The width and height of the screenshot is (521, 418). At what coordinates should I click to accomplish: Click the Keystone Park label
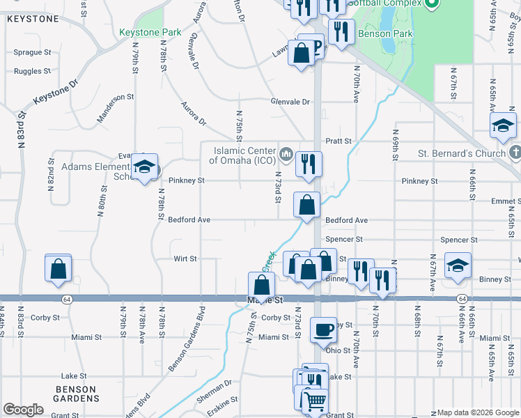click(x=150, y=32)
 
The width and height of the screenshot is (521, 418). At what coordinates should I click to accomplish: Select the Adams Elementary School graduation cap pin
click(x=144, y=167)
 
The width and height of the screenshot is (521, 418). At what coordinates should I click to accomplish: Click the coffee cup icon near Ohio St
click(x=322, y=330)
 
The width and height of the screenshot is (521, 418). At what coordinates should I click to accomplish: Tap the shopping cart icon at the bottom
click(x=314, y=401)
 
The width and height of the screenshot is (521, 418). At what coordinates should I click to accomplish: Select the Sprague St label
click(x=33, y=52)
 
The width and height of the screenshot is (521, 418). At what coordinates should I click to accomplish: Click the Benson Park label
click(x=385, y=33)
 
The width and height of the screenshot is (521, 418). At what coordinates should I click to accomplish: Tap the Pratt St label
click(x=339, y=141)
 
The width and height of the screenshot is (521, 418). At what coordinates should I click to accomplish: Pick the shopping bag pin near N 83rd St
click(x=59, y=268)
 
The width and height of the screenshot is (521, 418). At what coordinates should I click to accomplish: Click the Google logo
click(x=23, y=410)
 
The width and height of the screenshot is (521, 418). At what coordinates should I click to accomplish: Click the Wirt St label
click(x=185, y=258)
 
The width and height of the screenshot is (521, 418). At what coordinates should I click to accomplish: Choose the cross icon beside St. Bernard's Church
click(x=515, y=152)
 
